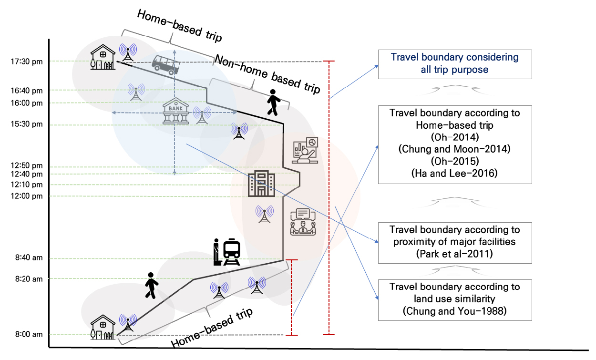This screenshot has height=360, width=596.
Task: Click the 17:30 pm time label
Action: tap(27, 62)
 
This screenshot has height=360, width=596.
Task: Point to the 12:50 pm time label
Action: tap(27, 165)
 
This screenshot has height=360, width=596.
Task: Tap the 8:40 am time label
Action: tap(29, 257)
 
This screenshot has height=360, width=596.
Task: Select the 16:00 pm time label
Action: tap(27, 103)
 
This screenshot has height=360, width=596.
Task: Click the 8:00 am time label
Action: tap(29, 334)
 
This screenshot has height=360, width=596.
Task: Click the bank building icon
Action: tap(175, 111)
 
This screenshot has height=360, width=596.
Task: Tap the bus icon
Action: tap(165, 65)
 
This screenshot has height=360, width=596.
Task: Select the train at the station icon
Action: tap(227, 252)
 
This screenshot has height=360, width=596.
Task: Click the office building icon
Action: tap(261, 184)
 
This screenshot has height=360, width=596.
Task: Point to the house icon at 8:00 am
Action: tap(103, 327)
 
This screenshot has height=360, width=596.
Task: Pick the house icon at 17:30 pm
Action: tap(103, 57)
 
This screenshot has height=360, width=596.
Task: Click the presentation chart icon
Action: tap(305, 150)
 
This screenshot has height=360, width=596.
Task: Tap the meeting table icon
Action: tap(303, 222)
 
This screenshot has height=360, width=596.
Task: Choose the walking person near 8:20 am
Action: tap(152, 286)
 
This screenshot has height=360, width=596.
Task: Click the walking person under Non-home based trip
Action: tap(274, 103)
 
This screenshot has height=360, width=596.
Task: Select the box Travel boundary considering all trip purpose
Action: tap(455, 64)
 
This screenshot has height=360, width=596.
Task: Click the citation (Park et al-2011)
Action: tap(454, 254)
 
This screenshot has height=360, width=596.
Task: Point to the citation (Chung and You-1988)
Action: tap(454, 311)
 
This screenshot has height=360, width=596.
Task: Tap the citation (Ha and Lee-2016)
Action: tap(454, 173)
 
